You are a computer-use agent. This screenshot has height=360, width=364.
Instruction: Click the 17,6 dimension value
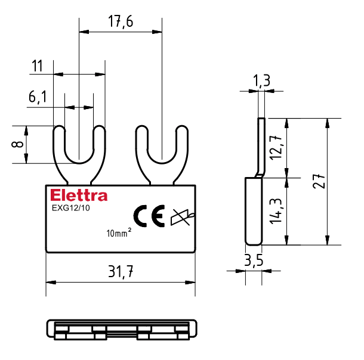click(x=121, y=22)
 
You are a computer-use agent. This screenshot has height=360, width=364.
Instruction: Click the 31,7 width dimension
click(x=120, y=272)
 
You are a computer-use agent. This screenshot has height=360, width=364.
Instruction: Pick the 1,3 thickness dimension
click(x=261, y=80)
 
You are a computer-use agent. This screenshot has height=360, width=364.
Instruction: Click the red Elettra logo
click(x=79, y=195)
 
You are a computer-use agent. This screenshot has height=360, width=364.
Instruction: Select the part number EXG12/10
click(x=70, y=209)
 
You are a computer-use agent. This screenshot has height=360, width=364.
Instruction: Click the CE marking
click(x=149, y=216)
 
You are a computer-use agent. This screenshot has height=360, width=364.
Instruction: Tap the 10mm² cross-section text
click(x=118, y=233)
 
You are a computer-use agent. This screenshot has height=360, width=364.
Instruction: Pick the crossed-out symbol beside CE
click(x=181, y=218)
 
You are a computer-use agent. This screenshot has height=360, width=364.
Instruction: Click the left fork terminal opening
click(x=79, y=143)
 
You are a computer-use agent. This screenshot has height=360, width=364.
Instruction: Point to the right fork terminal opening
click(x=161, y=143)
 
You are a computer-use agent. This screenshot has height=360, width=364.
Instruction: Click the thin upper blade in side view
click(x=261, y=146)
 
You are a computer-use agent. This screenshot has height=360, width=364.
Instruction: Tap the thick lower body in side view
click(x=254, y=211)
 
